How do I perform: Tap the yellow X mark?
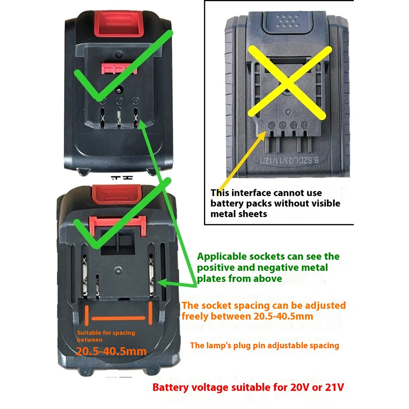point(290,82)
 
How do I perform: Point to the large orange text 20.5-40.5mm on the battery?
point(111,351)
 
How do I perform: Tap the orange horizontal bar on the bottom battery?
point(119,318)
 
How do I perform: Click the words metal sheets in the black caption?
point(239,214)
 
